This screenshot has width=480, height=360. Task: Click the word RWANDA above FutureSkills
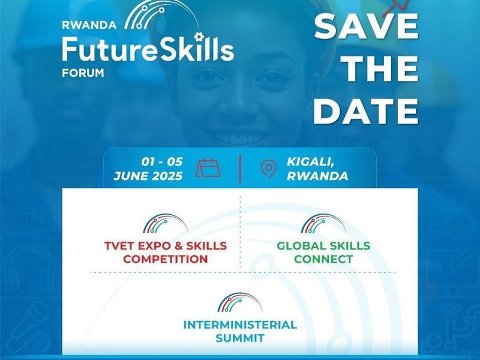click(x=89, y=25)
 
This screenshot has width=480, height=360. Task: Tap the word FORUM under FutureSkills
click(x=83, y=73)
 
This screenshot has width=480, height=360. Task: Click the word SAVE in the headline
click(x=366, y=26)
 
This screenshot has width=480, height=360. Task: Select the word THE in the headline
click(x=380, y=68)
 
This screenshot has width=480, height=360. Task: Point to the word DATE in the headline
click(x=366, y=111)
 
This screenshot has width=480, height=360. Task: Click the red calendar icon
click(x=208, y=168)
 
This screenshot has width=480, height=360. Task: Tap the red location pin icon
click(x=268, y=169)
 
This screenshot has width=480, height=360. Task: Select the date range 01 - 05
click(x=162, y=161)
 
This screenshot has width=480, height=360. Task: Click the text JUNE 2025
click(x=148, y=176)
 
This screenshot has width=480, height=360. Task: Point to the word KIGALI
click(x=310, y=162)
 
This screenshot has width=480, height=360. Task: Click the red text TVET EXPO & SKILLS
click(x=166, y=246)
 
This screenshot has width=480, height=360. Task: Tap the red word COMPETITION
click(x=166, y=259)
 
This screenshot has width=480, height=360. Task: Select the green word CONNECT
click(x=323, y=259)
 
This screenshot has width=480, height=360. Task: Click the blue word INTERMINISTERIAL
click(x=240, y=325)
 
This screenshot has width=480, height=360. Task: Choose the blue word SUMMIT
click(x=240, y=338)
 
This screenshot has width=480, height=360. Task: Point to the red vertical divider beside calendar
click(x=241, y=169)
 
